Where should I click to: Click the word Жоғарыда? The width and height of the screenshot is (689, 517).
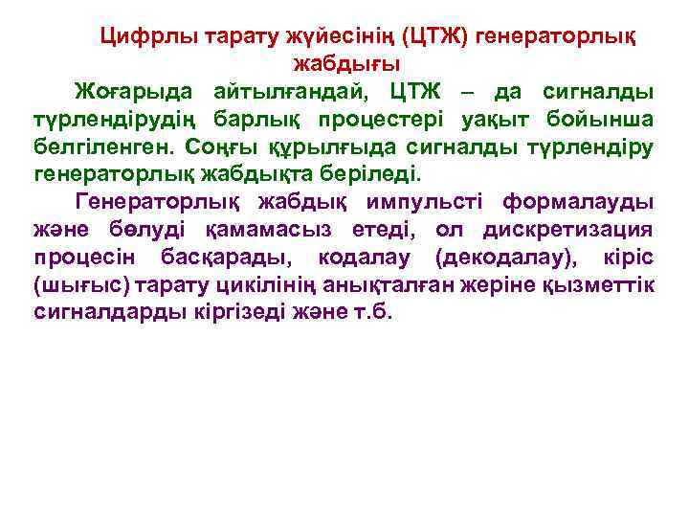[x=137, y=93]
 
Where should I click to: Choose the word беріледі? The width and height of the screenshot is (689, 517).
[x=354, y=176]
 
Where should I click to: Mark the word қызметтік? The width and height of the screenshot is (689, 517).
[x=599, y=286]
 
